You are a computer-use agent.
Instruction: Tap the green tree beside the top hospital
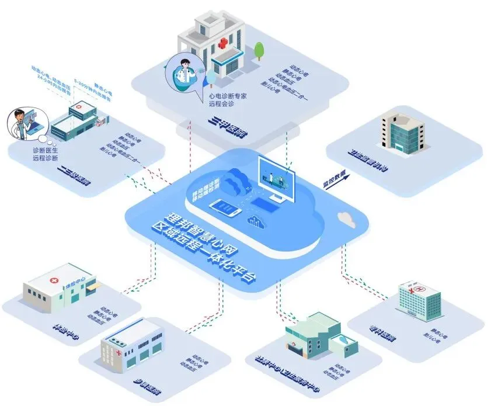click(259, 50)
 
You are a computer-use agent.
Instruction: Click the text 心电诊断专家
click(228, 95)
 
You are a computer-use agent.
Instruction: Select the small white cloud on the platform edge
click(347, 219)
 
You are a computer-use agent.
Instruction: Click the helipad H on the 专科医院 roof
click(417, 287)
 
